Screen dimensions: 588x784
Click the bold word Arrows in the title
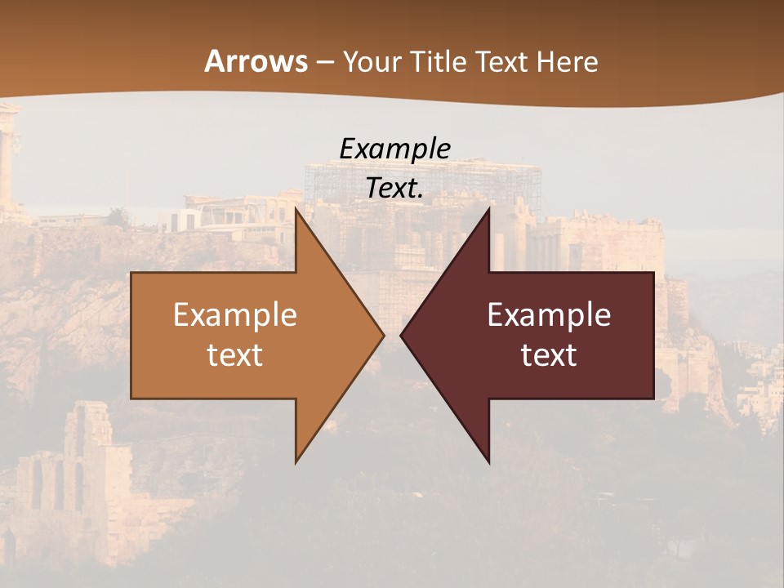(256, 61)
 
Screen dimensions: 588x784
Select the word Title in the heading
(441, 62)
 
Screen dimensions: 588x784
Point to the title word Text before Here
(503, 62)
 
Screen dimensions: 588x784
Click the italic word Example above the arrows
(394, 149)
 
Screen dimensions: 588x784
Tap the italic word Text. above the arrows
(394, 189)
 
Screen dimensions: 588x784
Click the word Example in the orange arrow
(235, 315)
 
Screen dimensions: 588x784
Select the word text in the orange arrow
(235, 355)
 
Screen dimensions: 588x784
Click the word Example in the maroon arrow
(549, 315)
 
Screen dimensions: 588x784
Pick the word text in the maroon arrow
(549, 355)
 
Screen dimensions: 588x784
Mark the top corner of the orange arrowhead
(296, 209)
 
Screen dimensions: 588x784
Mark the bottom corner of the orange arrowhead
(296, 461)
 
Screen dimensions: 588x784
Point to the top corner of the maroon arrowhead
(488, 209)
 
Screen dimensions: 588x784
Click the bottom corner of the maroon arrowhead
(488, 461)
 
